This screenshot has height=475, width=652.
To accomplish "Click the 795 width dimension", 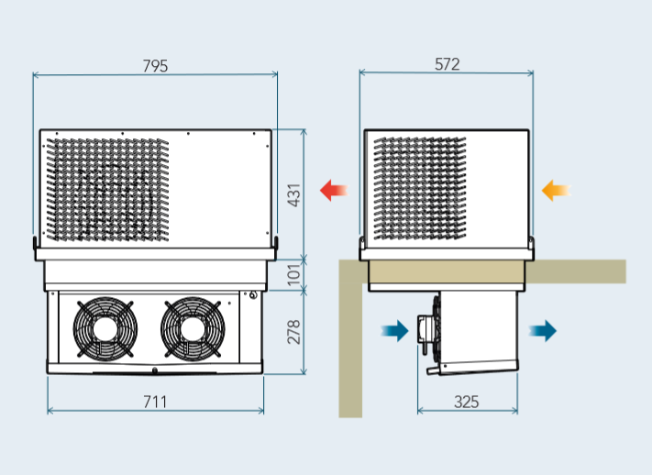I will (155, 66).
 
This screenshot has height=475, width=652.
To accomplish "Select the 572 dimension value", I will (447, 64).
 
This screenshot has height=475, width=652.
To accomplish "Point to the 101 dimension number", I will (294, 274).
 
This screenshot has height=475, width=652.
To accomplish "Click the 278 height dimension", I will (294, 331).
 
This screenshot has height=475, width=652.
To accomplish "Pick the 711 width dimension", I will (155, 402).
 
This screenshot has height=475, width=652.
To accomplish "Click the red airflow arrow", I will (333, 191).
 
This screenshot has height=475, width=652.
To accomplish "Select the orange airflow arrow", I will (555, 191).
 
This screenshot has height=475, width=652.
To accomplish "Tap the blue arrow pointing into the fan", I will (395, 331).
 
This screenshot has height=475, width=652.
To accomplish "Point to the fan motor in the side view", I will (426, 331).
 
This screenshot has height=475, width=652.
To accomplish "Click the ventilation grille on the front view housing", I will (107, 191).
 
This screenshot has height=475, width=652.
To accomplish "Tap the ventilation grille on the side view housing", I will (418, 188).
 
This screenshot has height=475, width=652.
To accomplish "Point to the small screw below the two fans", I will (155, 371).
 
